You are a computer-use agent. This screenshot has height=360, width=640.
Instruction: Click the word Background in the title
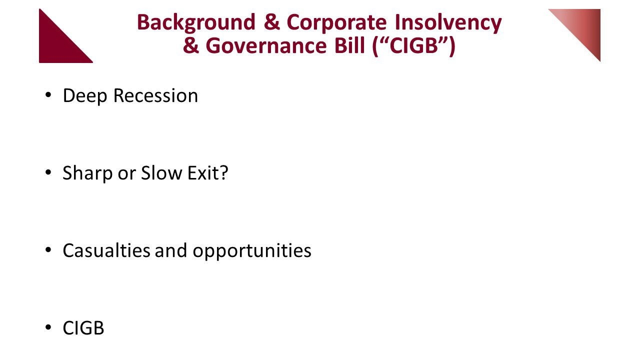tap(196, 23)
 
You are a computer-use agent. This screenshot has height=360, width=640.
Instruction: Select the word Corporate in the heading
tap(336, 22)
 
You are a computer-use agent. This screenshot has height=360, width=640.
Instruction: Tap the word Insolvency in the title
tap(448, 23)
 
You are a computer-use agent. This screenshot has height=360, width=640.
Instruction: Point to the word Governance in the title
tap(266, 45)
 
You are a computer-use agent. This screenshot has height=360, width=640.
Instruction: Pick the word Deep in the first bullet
tap(85, 95)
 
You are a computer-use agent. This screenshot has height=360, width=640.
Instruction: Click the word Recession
tap(155, 95)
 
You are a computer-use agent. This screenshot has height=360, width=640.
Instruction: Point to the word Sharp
tap(87, 173)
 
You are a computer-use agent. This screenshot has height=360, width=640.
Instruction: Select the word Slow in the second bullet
tap(161, 173)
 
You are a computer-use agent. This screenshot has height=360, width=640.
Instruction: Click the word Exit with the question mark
tap(208, 173)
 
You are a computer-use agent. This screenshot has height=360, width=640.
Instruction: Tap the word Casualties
tap(106, 250)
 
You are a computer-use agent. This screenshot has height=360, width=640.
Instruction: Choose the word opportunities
tap(252, 251)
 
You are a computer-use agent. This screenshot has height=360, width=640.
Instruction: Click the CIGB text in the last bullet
tap(83, 328)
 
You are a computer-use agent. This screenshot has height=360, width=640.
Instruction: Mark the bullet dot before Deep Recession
tap(48, 95)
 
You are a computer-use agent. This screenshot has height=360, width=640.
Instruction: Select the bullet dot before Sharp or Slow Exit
tap(48, 172)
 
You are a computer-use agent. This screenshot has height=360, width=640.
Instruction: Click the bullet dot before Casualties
tap(48, 250)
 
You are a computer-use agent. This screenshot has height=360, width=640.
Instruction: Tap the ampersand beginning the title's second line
tap(191, 45)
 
